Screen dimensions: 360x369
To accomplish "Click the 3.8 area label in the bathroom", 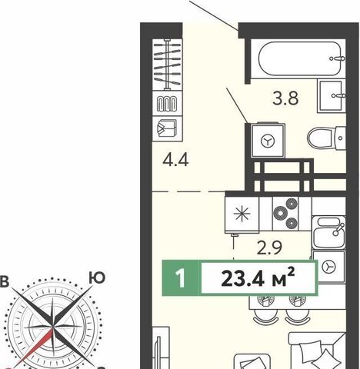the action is pyautogui.click(x=285, y=98).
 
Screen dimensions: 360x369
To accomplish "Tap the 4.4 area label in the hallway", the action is pyautogui.click(x=175, y=160).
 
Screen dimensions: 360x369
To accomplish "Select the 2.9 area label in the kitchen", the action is pyautogui.click(x=269, y=248).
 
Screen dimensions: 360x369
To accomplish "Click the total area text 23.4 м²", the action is pyautogui.click(x=258, y=278).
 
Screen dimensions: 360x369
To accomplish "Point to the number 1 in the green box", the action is pyautogui.click(x=181, y=278).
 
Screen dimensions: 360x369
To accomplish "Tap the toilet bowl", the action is pyautogui.click(x=326, y=138).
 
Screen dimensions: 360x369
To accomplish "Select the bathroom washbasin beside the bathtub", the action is pyautogui.click(x=332, y=96).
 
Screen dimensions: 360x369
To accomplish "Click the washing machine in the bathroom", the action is pyautogui.click(x=268, y=140).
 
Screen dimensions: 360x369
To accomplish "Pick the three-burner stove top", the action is pyautogui.click(x=285, y=213).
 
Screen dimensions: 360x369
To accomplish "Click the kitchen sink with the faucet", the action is pyautogui.click(x=328, y=232).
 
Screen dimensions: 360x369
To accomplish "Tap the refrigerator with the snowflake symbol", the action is pyautogui.click(x=242, y=214).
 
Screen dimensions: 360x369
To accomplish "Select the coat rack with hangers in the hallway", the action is pyautogui.click(x=167, y=65).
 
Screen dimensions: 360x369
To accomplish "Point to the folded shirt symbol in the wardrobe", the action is pyautogui.click(x=167, y=128).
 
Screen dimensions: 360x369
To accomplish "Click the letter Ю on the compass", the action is pyautogui.click(x=97, y=278).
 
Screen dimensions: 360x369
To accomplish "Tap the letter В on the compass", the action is pyautogui.click(x=5, y=281).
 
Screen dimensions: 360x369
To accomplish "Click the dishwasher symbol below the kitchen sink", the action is pyautogui.click(x=328, y=267).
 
